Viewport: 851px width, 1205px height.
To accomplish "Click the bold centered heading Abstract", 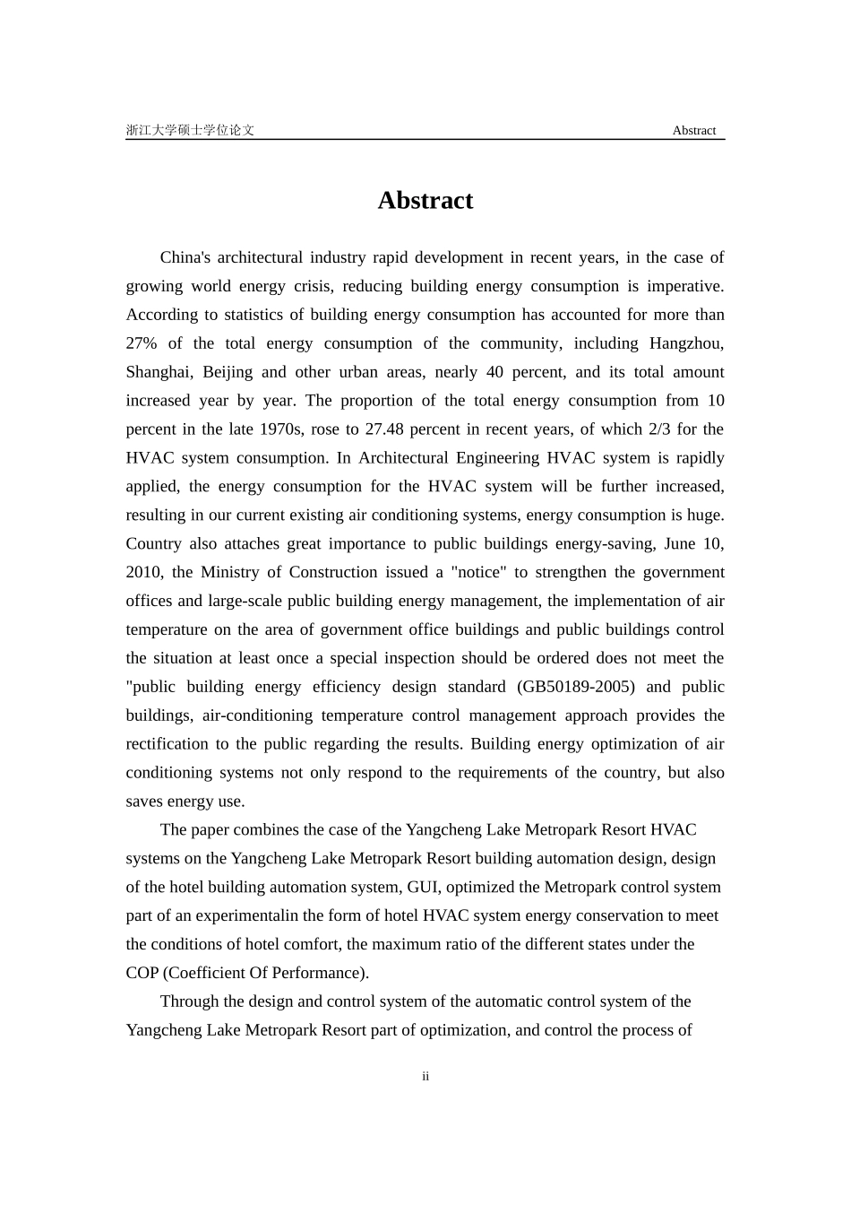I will [x=425, y=200].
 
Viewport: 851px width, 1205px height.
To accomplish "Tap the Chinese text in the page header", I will [x=190, y=130].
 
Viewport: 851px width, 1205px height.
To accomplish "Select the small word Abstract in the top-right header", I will [x=693, y=131].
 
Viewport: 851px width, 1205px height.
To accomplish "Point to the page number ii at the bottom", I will [x=425, y=1076].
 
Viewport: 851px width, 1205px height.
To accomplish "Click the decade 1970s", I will [x=281, y=429].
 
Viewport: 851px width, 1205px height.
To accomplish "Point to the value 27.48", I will [x=384, y=429].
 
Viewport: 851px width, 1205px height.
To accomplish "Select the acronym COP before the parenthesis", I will [x=142, y=974].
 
